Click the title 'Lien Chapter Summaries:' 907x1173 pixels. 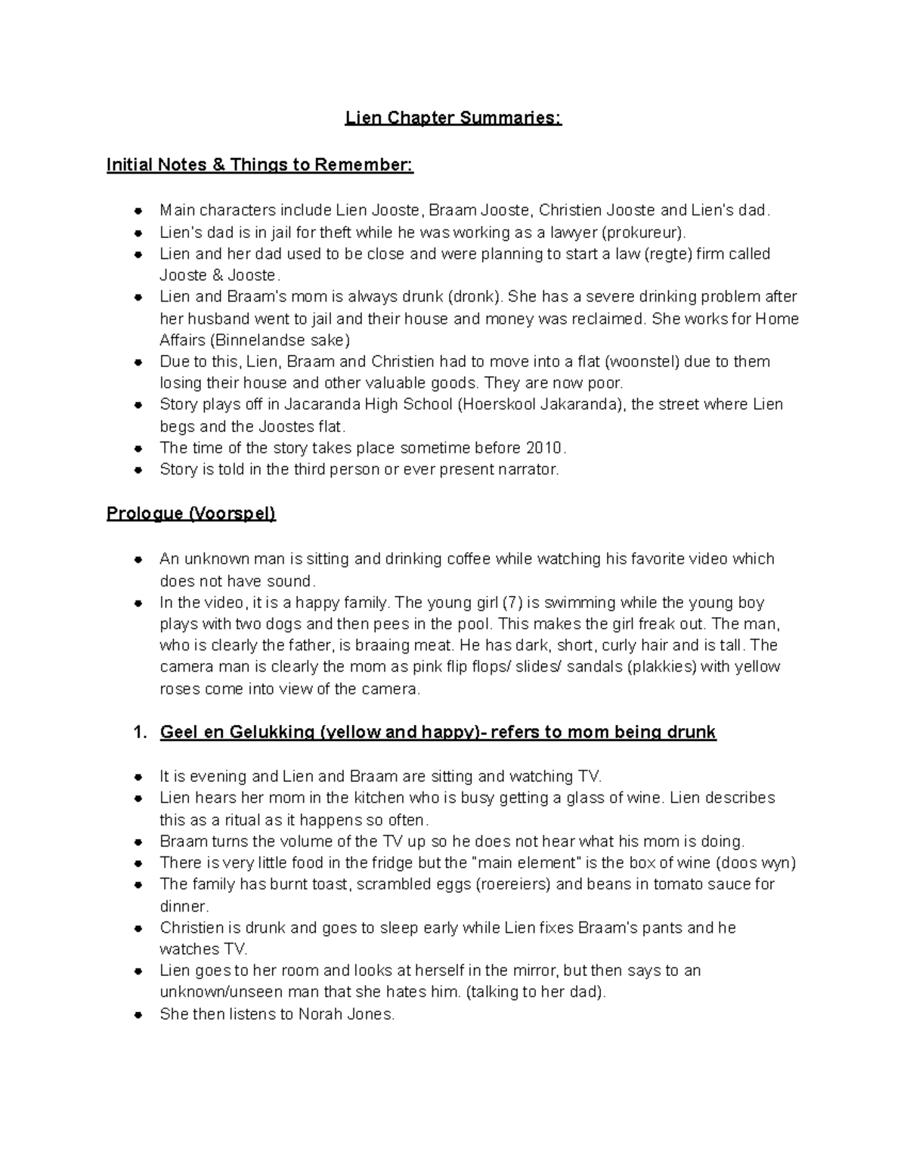[453, 119]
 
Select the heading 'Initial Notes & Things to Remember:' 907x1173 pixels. [260, 165]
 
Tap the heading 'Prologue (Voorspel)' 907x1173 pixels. [191, 514]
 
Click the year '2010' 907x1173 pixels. [545, 448]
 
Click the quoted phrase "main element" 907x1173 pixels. [527, 863]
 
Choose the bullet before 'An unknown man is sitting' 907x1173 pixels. [138, 560]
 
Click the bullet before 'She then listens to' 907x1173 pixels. [138, 1015]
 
